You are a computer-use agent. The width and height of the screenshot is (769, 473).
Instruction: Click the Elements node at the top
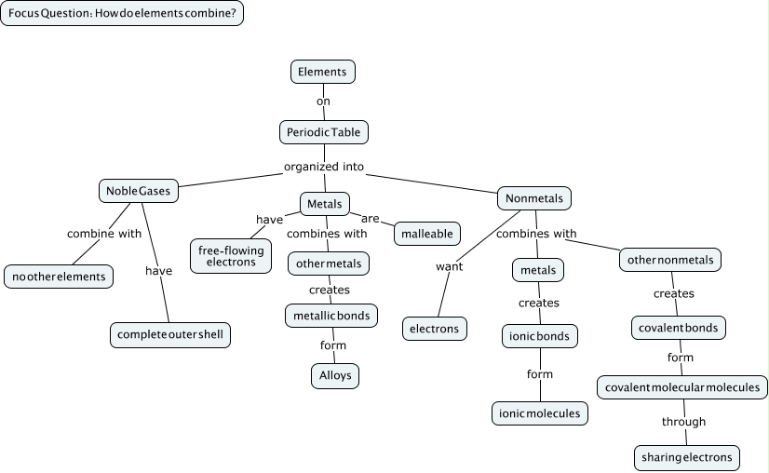click(x=323, y=72)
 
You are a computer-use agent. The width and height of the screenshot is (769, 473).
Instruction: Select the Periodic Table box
click(x=324, y=132)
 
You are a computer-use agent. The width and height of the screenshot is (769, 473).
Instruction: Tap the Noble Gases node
click(x=138, y=191)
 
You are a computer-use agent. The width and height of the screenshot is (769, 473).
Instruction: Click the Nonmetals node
click(x=534, y=198)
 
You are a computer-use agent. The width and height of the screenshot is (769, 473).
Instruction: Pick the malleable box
click(x=427, y=234)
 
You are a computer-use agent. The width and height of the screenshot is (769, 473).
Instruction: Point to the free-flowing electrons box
click(x=231, y=256)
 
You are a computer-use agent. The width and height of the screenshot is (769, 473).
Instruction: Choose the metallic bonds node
click(x=331, y=316)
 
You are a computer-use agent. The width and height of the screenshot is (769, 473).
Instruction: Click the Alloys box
click(x=334, y=376)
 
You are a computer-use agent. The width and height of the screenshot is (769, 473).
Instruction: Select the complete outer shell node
click(x=170, y=334)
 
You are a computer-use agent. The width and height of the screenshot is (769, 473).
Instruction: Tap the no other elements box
click(x=59, y=277)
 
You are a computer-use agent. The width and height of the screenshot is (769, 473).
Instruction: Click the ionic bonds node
click(x=540, y=335)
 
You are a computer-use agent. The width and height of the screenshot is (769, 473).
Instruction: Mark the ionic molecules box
click(x=540, y=413)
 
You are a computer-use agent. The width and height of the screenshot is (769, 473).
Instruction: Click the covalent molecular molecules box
click(x=683, y=387)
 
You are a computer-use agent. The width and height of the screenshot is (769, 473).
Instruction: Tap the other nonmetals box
click(x=670, y=260)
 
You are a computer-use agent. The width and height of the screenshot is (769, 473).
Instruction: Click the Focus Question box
click(x=122, y=14)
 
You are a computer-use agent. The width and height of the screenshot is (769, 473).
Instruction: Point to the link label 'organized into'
click(x=324, y=168)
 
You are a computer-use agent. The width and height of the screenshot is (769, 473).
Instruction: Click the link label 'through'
click(x=684, y=422)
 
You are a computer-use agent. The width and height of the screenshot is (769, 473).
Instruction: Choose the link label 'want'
click(x=450, y=267)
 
